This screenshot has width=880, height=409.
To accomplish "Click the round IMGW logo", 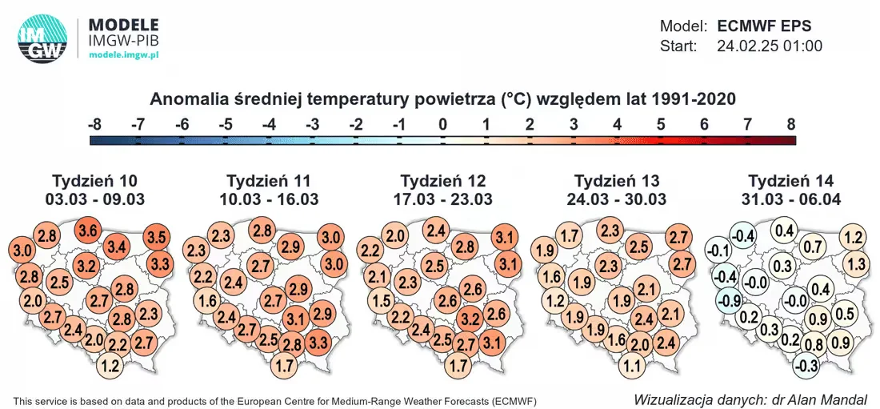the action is tap(42, 38).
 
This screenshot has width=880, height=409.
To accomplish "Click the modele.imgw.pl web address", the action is tap(124, 54).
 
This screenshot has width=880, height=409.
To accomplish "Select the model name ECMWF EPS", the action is tap(764, 26).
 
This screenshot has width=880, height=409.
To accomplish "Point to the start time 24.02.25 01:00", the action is tap(770, 46).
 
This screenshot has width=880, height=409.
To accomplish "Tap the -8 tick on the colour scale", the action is tap(95, 125).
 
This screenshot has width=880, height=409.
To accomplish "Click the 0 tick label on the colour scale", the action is tap(442, 125).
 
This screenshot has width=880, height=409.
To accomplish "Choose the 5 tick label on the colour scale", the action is tap(661, 125).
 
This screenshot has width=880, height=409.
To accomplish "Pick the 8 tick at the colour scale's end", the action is tap(791, 125).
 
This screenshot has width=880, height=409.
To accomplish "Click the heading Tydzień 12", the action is tap(443, 181).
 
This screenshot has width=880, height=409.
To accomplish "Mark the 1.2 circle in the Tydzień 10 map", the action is tap(112, 367).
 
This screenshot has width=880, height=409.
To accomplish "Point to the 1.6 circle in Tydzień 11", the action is tap(207, 300).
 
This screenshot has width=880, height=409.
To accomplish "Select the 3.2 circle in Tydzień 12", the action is tap(470, 321).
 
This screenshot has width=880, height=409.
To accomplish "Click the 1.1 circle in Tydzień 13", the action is tap(633, 367).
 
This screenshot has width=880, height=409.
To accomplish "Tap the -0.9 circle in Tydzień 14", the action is tap(726, 299).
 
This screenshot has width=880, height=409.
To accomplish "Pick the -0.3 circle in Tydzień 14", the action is tap(807, 367).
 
